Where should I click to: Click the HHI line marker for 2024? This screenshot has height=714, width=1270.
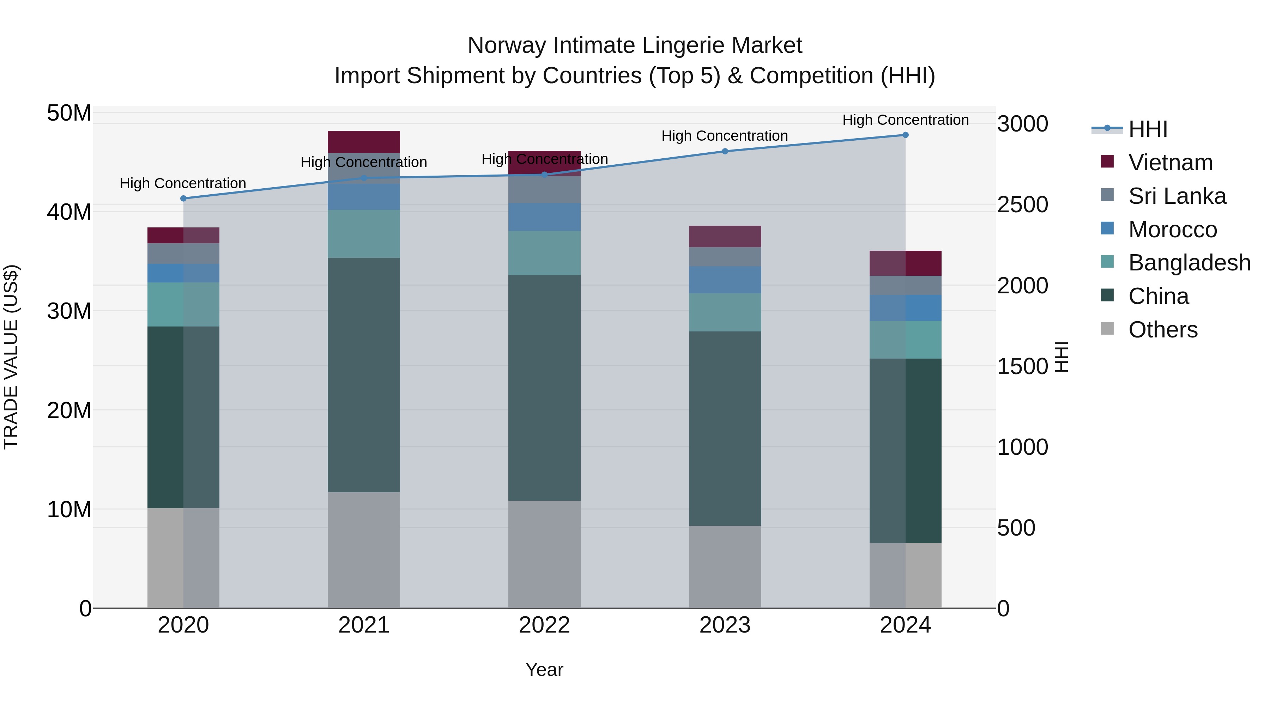coord(905,135)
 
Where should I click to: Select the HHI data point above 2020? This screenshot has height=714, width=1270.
coord(183,199)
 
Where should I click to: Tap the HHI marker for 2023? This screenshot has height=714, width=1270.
coord(725,151)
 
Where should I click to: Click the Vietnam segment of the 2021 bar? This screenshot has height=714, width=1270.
coord(364,142)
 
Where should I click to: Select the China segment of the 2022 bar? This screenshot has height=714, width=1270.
coord(544,388)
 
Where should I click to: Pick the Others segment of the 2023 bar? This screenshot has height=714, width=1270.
coord(725,567)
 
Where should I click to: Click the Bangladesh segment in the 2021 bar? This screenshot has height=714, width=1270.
coord(364,233)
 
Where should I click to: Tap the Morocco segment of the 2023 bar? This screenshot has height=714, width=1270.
coord(725,280)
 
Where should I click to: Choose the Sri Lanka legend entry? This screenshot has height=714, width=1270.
coord(1176,196)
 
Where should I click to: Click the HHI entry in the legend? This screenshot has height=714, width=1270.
coord(1147,129)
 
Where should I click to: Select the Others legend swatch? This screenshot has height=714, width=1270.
coord(1107,329)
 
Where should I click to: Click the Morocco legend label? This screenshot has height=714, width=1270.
coord(1172,230)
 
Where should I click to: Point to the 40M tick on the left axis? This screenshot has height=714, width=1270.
coord(69,212)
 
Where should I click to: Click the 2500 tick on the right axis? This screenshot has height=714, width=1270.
coord(1022,205)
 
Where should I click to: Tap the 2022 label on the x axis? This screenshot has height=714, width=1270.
coord(544,625)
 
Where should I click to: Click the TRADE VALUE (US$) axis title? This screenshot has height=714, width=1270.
coord(11,357)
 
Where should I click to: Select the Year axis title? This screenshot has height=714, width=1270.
coord(544,670)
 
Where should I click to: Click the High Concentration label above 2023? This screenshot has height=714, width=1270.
coord(724,136)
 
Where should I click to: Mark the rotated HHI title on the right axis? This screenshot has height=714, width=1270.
coord(1062,357)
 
